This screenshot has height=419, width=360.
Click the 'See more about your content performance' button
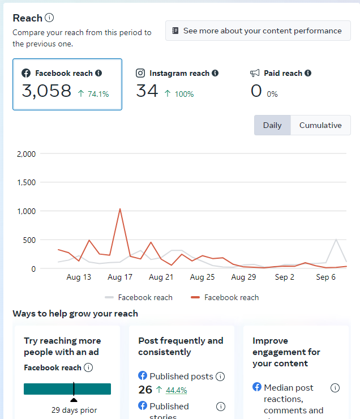click(x=258, y=31)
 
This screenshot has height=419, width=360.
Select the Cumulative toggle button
click(x=320, y=125)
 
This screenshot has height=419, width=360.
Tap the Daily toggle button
click(x=272, y=125)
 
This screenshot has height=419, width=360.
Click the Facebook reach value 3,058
click(x=46, y=91)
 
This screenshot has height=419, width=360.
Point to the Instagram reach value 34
click(x=147, y=91)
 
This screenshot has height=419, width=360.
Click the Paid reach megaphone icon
click(x=255, y=73)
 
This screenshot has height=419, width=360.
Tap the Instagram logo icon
click(x=140, y=73)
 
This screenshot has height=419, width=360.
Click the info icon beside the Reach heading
click(x=49, y=18)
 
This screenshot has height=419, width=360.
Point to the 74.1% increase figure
click(x=98, y=94)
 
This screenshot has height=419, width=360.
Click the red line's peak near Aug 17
click(x=120, y=209)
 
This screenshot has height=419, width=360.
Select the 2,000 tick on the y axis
click(x=27, y=153)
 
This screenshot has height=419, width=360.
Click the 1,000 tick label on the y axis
click(x=27, y=211)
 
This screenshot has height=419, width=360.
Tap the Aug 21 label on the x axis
click(x=161, y=277)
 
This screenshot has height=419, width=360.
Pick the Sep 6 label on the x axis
click(x=326, y=277)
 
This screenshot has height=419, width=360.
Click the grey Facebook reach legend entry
click(x=139, y=297)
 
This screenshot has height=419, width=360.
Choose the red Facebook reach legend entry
click(x=225, y=297)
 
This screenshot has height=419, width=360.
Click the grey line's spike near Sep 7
click(x=336, y=240)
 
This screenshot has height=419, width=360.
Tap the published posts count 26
click(x=145, y=390)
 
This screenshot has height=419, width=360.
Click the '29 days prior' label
click(x=74, y=410)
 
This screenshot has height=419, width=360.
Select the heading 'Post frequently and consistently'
click(x=181, y=346)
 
